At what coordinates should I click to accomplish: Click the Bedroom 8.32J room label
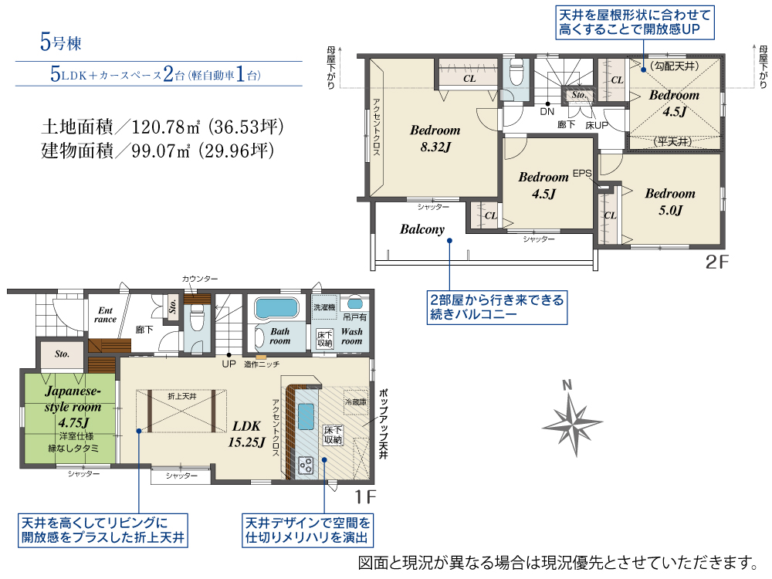click(x=435, y=138)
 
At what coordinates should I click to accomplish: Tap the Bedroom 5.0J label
click(x=670, y=201)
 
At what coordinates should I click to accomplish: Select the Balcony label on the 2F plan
click(x=422, y=229)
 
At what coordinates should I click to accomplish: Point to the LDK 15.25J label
click(x=246, y=434)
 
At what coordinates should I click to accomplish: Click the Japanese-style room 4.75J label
click(x=73, y=407)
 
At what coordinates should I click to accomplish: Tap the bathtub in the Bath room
click(x=276, y=309)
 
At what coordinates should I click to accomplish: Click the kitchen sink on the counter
click(x=306, y=417)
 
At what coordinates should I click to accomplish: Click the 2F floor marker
click(x=716, y=262)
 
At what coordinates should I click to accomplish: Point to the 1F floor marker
click(x=365, y=496)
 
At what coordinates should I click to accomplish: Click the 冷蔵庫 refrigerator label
click(x=355, y=402)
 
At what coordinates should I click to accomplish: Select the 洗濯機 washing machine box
click(x=324, y=307)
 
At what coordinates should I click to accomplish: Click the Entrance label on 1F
click(x=105, y=315)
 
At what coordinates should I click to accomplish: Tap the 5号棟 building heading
click(x=60, y=42)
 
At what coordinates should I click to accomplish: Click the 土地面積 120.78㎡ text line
click(x=162, y=127)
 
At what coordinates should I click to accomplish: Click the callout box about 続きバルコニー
click(x=496, y=307)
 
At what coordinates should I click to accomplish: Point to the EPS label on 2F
click(x=582, y=173)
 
